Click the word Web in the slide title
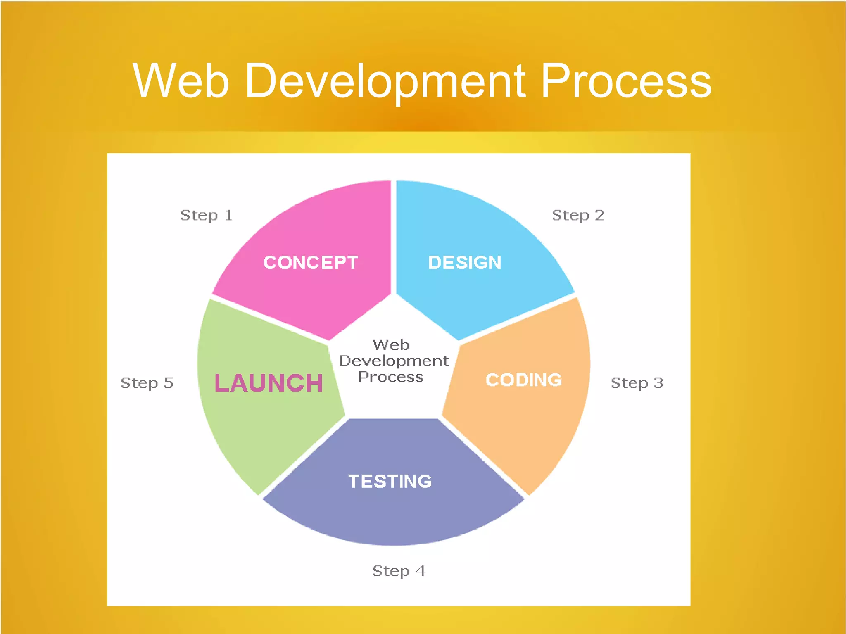181,81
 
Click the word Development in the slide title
385,81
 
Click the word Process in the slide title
625,81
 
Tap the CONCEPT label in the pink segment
311,263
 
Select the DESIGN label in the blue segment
465,263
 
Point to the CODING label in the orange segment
524,380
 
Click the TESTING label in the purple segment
390,481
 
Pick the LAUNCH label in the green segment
269,383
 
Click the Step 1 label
206,215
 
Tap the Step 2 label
578,215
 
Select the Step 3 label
637,383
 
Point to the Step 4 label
399,571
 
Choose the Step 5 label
147,383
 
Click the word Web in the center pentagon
391,345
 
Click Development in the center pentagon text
394,361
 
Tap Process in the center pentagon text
390,377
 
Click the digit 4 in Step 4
421,570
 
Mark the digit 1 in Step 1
228,215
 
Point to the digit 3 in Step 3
658,382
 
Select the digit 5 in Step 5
168,382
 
